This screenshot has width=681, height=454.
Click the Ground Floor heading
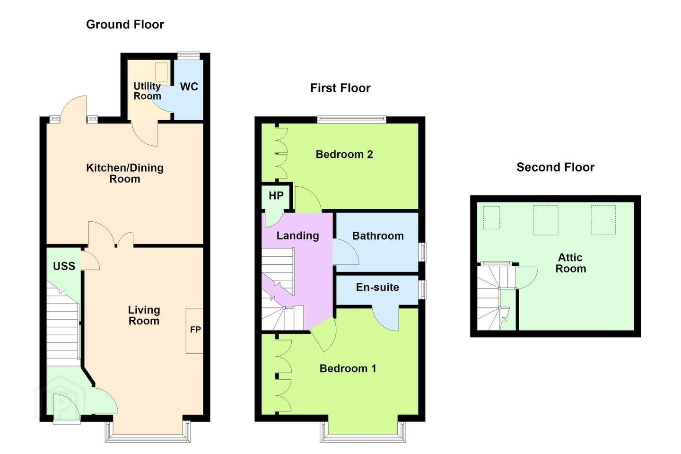click(x=125, y=25)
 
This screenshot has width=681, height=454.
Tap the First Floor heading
click(x=340, y=88)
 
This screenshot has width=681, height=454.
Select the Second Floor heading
click(x=555, y=167)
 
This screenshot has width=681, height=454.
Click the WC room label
click(x=189, y=87)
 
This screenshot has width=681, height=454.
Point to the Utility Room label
click(x=147, y=91)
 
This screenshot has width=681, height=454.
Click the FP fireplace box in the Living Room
click(x=194, y=331)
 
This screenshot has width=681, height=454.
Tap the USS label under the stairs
click(x=64, y=266)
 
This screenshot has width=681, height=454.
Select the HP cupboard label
click(x=276, y=195)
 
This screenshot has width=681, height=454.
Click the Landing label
click(x=297, y=236)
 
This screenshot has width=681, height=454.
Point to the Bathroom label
click(x=378, y=236)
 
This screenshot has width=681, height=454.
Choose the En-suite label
click(x=377, y=288)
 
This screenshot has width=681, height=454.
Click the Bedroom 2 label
click(x=344, y=155)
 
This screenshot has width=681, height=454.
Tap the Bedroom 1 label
click(x=348, y=368)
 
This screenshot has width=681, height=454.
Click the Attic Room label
click(x=570, y=263)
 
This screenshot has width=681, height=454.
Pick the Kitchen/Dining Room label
click(x=125, y=173)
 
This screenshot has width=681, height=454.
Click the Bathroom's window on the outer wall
click(x=422, y=252)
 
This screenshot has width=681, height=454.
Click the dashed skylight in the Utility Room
click(x=161, y=72)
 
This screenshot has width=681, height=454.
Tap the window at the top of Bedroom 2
click(x=352, y=119)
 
